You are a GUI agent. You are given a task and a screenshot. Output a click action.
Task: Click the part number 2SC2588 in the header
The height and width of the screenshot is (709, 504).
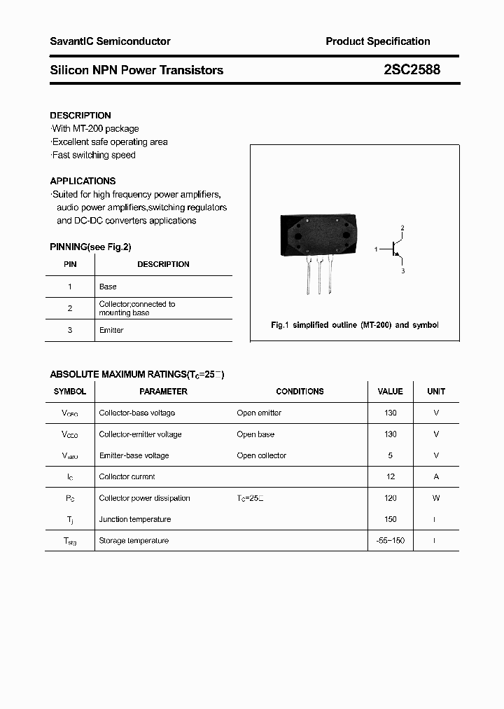(x=412, y=70)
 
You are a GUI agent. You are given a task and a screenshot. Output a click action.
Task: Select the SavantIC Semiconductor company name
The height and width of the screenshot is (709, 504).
(x=110, y=41)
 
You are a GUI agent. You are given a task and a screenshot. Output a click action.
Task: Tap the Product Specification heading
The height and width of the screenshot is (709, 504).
(x=378, y=41)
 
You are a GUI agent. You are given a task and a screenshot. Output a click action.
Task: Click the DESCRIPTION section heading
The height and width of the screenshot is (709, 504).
(x=80, y=116)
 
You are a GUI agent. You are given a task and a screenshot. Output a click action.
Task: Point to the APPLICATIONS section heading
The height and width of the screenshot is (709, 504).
(x=83, y=181)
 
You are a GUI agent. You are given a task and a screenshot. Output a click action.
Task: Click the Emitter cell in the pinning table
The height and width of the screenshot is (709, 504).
(x=111, y=330)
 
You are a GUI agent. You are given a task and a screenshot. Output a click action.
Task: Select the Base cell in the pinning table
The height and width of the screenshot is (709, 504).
(x=108, y=287)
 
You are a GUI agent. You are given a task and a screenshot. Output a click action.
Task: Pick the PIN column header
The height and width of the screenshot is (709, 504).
(x=70, y=264)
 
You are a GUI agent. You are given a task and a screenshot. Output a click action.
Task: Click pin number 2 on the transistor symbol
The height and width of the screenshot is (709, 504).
(x=402, y=228)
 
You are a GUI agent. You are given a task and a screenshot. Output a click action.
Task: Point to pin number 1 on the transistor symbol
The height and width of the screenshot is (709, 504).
(x=376, y=249)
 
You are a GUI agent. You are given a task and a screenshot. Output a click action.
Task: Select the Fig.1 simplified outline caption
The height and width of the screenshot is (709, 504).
(x=354, y=325)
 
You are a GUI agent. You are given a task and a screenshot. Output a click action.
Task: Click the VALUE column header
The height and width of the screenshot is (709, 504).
(x=390, y=392)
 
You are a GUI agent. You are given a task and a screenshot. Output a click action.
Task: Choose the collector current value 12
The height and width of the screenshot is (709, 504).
(x=391, y=476)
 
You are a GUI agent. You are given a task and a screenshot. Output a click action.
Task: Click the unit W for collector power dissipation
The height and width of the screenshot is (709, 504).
(x=436, y=498)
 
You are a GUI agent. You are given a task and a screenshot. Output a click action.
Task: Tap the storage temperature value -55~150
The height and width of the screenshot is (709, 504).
(x=391, y=541)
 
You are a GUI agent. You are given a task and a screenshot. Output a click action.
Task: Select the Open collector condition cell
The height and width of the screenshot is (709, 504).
(x=261, y=455)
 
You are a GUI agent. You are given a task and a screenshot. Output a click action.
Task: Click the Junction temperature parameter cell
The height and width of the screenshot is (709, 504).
(x=135, y=519)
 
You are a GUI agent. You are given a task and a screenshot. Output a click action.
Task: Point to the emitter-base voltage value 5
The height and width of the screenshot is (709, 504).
(x=391, y=455)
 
